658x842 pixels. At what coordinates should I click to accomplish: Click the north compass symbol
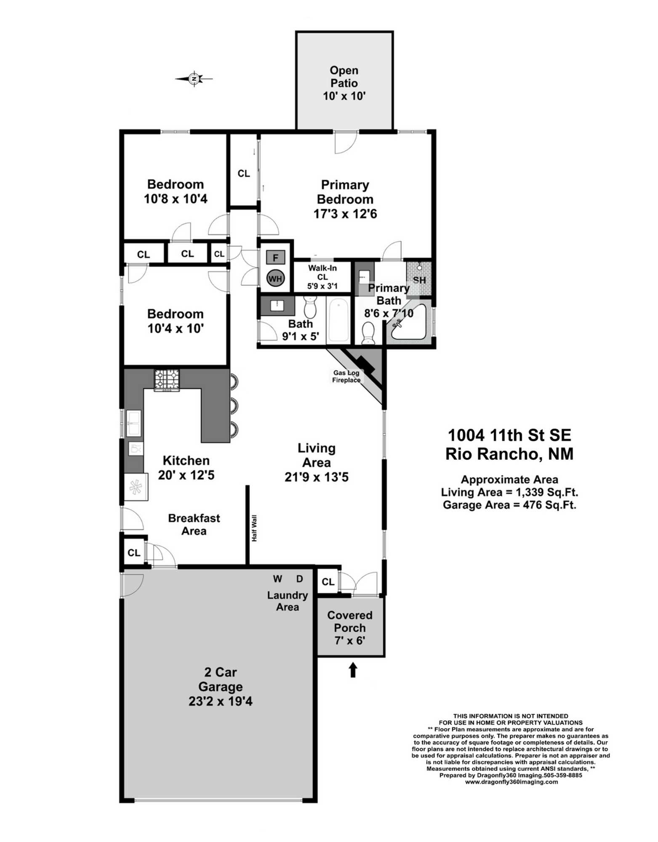pos(194,78)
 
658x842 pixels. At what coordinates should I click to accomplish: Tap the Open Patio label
pos(344,77)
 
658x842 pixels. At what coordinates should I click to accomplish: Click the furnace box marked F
pos(275,257)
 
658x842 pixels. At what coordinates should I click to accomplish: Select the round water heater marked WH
pos(275,278)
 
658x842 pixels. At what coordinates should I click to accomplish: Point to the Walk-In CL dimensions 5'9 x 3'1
pos(322,286)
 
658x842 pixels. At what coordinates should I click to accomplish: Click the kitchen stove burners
pos(167,380)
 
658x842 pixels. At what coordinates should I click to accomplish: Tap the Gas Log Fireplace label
pos(346,376)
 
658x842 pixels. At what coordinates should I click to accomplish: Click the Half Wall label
pos(254,528)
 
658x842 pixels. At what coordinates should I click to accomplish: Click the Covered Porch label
pos(350,621)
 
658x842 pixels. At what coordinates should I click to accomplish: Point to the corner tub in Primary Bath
pos(408,323)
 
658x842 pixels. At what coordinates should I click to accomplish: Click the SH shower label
pos(419,280)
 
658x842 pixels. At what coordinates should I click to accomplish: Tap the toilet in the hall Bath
pos(310,306)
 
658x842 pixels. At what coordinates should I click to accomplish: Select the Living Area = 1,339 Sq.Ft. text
pos(509,492)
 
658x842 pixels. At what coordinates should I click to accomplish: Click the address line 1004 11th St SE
pos(509,435)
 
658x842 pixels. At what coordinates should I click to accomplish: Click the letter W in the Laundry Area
pos(277,579)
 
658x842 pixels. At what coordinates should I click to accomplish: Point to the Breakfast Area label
pos(194,524)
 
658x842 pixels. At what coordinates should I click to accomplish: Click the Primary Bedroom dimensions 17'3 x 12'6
pos(345,214)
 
